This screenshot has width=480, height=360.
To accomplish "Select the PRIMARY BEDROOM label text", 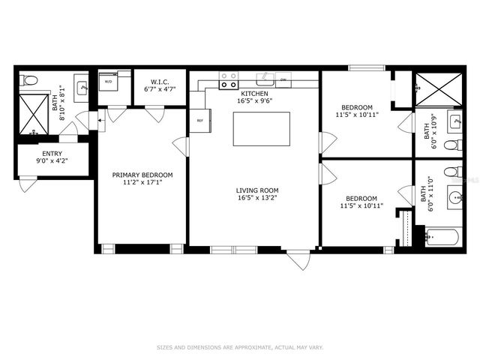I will (x=142, y=175).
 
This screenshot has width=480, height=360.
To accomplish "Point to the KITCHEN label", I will (x=253, y=93).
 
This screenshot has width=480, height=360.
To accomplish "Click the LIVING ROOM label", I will (x=253, y=190).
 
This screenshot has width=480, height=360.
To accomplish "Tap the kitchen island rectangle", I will (x=261, y=129).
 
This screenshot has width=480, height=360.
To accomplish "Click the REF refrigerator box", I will (x=200, y=121).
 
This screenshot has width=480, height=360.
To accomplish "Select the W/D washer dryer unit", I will (x=108, y=81).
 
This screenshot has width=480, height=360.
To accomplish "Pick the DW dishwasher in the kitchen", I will (x=283, y=78).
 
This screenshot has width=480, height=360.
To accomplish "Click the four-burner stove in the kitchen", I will (x=229, y=79).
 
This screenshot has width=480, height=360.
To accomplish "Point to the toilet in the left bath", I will (x=29, y=80).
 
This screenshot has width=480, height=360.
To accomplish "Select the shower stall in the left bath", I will (x=33, y=114).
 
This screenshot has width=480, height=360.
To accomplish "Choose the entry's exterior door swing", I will (x=27, y=184).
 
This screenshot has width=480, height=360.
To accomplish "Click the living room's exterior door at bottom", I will (x=298, y=259).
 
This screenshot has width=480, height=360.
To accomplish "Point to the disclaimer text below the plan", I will (x=240, y=347).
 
